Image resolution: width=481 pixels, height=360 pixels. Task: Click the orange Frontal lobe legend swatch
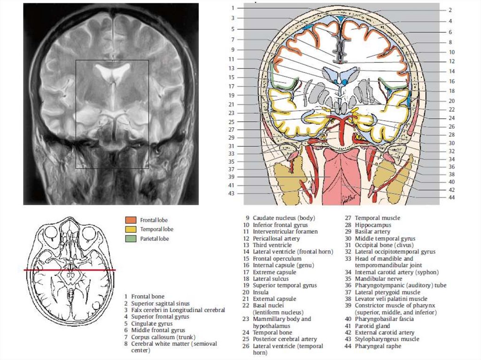pos(131,220)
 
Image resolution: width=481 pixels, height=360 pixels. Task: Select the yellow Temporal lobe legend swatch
pos(131,229)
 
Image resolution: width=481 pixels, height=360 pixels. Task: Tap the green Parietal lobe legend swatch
pos(131,239)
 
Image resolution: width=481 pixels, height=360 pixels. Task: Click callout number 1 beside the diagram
pos(233,8)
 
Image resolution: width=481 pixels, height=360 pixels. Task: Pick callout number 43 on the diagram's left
pos(232,193)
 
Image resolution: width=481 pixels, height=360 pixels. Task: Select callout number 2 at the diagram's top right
pos(450,10)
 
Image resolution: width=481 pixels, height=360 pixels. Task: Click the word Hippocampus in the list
pos(372,225)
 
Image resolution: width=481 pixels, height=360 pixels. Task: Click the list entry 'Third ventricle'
pos(272,245)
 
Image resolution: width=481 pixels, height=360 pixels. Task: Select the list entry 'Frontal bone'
pos(147,297)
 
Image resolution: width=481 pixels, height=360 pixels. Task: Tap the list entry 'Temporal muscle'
pos(377,218)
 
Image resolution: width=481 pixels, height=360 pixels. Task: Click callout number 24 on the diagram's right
pos(450,118)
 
